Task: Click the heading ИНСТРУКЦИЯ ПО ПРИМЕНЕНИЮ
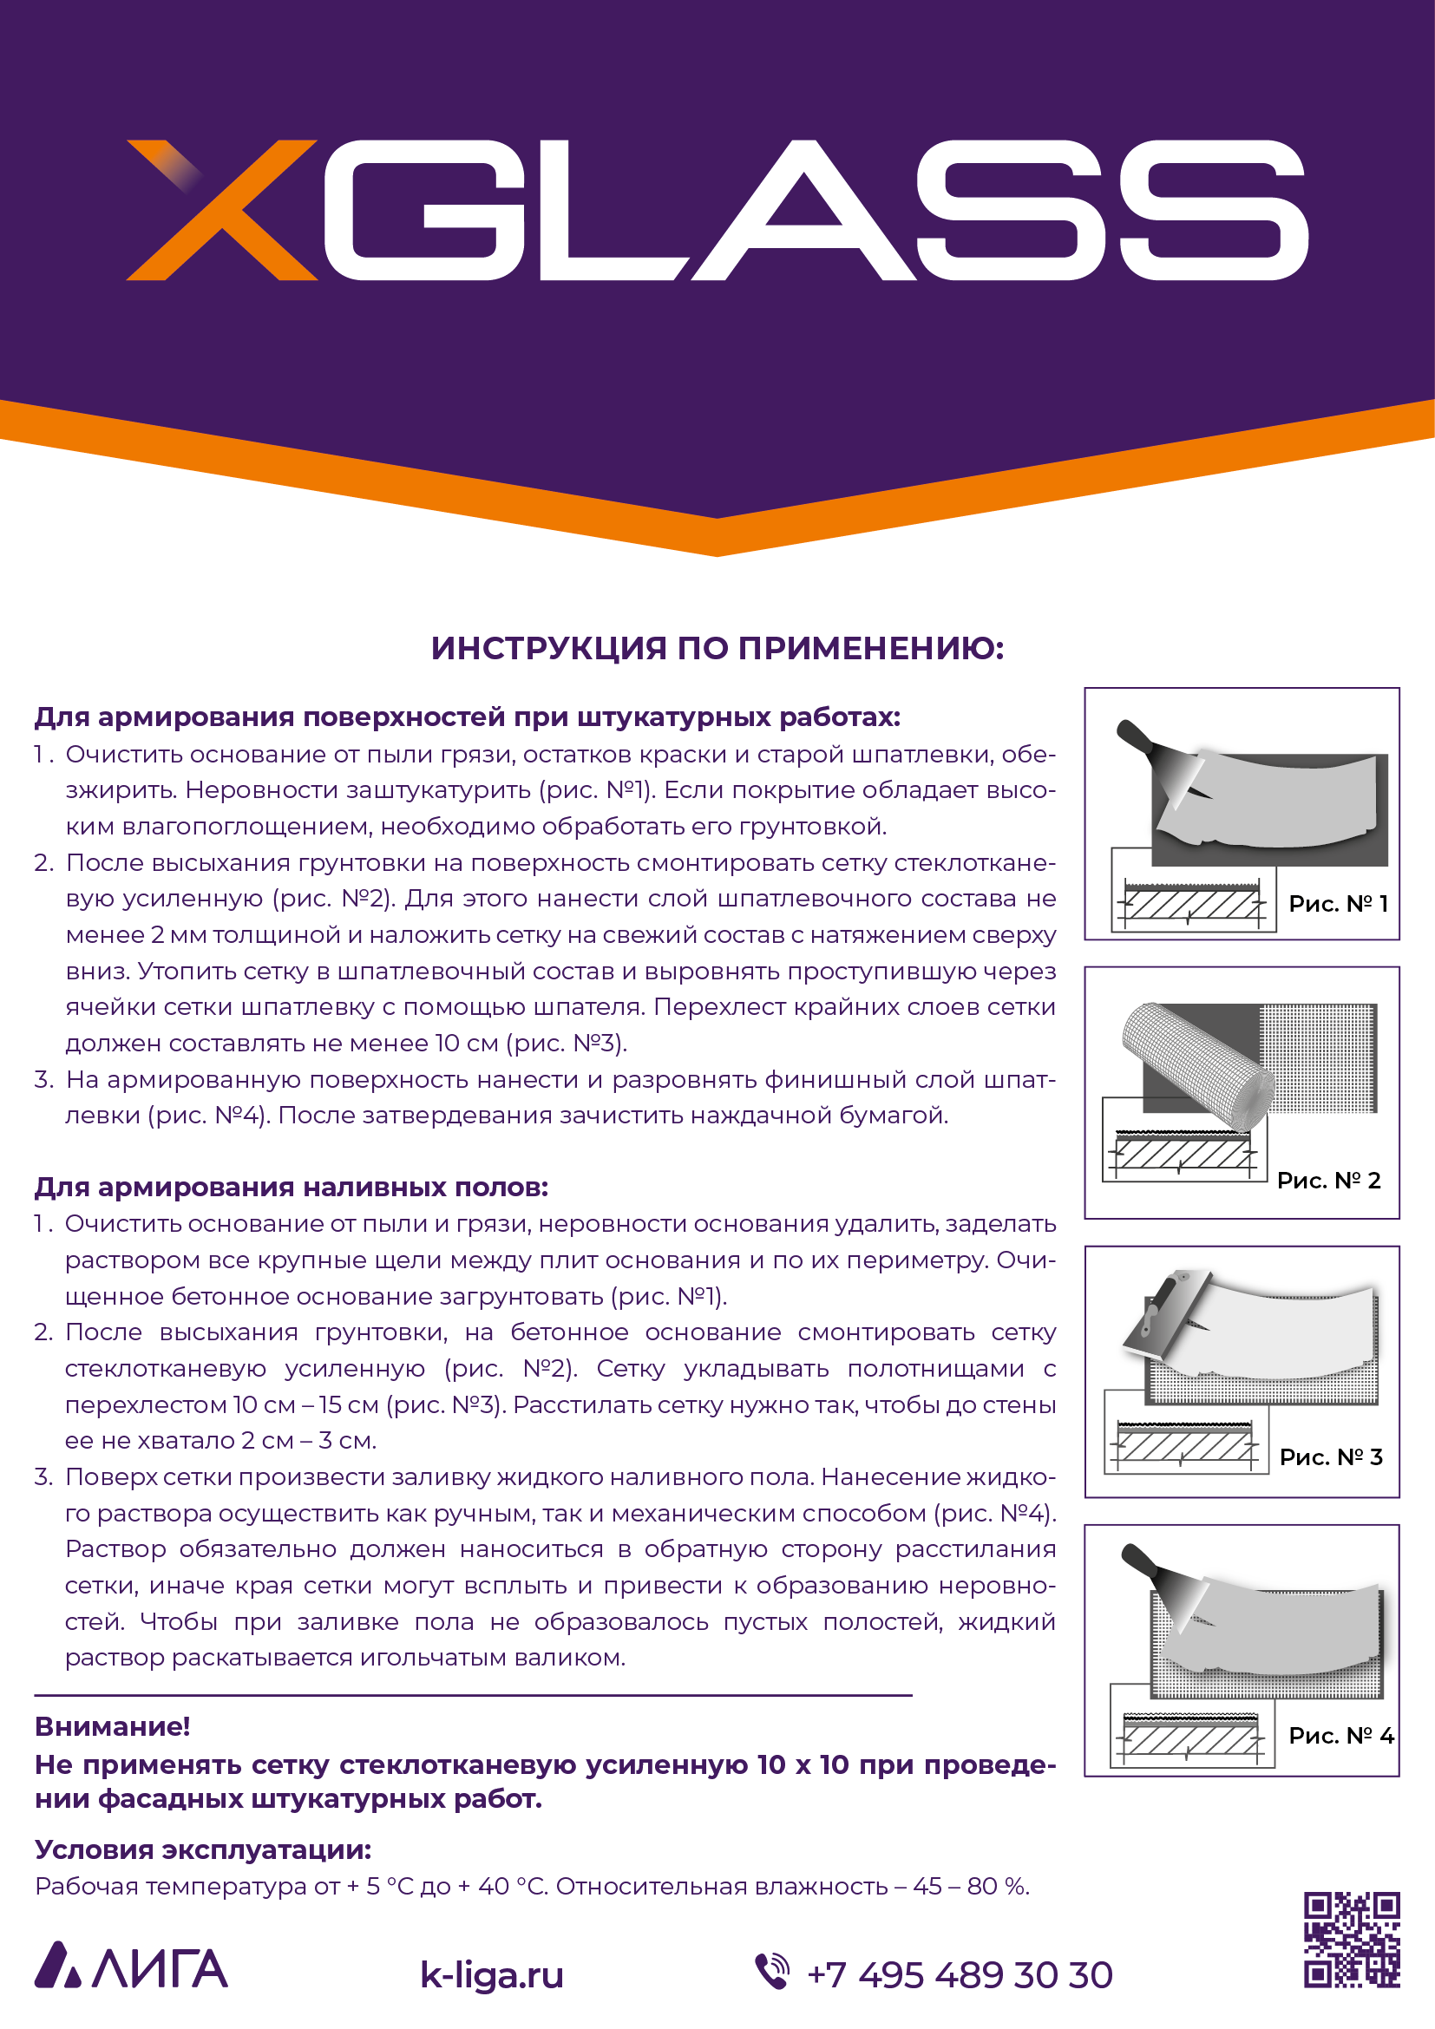pyautogui.click(x=717, y=648)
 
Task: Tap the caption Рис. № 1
pyautogui.click(x=1338, y=903)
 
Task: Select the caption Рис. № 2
pyautogui.click(x=1328, y=1180)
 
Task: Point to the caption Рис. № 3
pyautogui.click(x=1331, y=1456)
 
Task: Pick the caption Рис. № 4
pyautogui.click(x=1340, y=1735)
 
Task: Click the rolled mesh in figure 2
pyautogui.click(x=1197, y=1065)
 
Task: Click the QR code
pyautogui.click(x=1352, y=1940)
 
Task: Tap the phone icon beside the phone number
pyautogui.click(x=772, y=1972)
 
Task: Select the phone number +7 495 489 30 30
pyautogui.click(x=960, y=1975)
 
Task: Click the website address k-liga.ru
pyautogui.click(x=491, y=1975)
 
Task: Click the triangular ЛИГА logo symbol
pyautogui.click(x=58, y=1967)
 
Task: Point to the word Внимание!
pyautogui.click(x=112, y=1726)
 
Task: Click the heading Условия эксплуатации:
pyautogui.click(x=203, y=1849)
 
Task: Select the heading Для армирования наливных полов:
pyautogui.click(x=291, y=1187)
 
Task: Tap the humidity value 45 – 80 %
pyautogui.click(x=970, y=1886)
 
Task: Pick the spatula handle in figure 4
pyautogui.click(x=1139, y=1559)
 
